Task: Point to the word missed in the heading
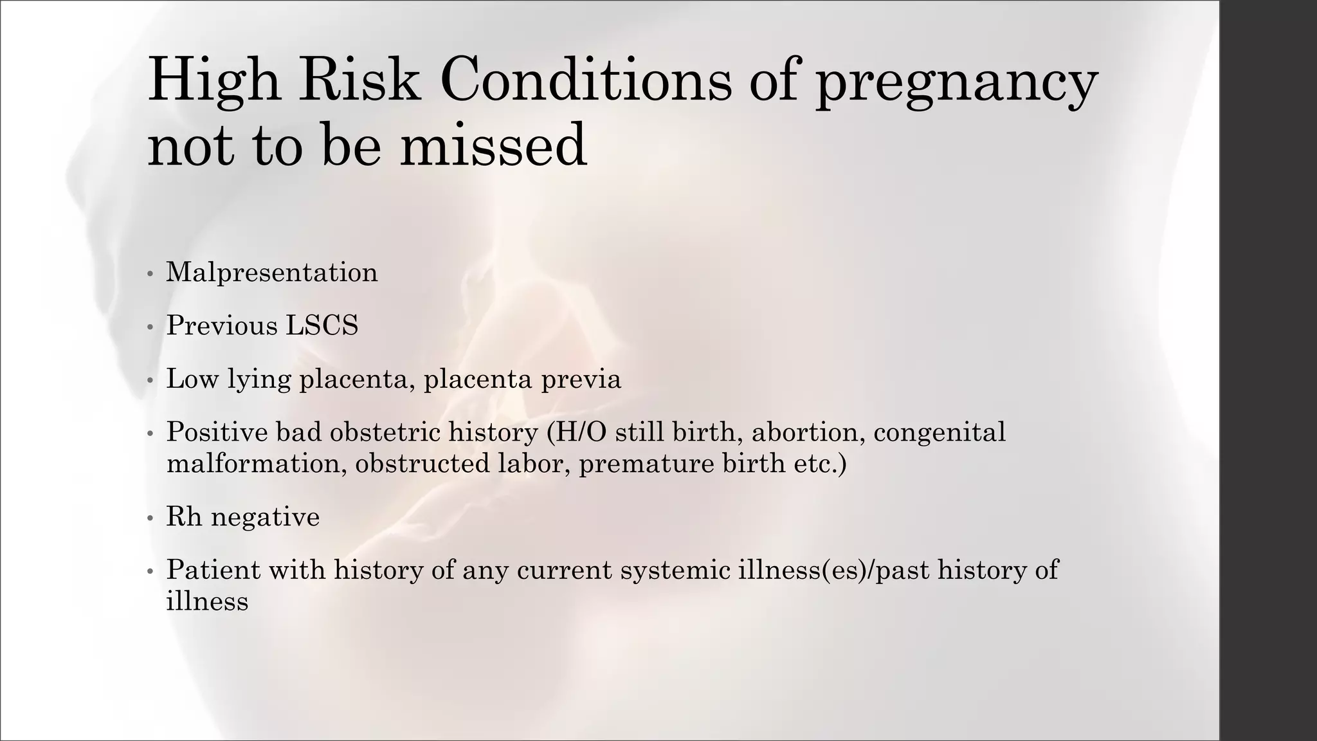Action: (x=493, y=145)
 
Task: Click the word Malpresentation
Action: (x=272, y=273)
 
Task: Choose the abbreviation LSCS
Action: (x=322, y=325)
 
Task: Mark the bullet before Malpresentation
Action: (x=150, y=274)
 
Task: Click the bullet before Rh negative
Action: (x=150, y=518)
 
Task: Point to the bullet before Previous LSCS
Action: (x=150, y=327)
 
